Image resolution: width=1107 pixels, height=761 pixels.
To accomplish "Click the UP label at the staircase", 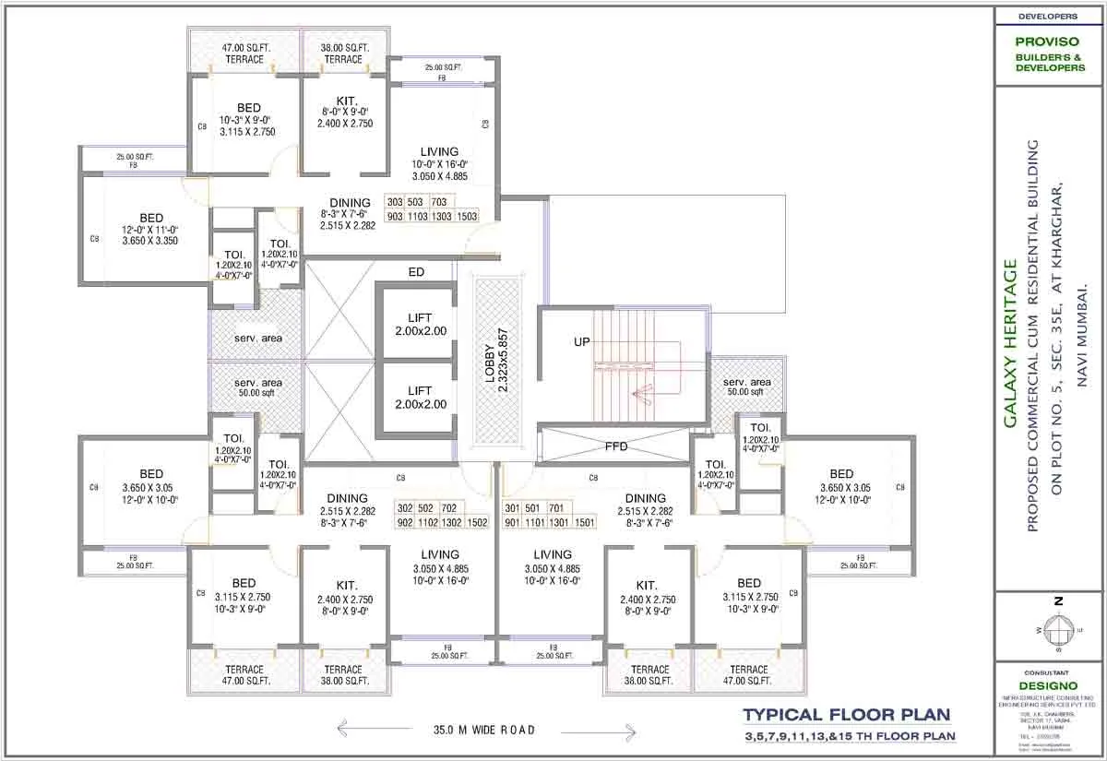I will tap(582, 341).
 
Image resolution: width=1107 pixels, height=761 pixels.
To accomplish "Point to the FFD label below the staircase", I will tap(616, 447).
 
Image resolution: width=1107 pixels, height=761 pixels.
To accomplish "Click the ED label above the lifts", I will tap(416, 272).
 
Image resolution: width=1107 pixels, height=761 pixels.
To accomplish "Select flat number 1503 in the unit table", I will tap(467, 216).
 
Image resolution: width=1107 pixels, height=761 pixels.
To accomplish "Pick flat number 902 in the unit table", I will tap(405, 522).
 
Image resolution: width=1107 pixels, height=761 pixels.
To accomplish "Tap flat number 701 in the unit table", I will tap(556, 508).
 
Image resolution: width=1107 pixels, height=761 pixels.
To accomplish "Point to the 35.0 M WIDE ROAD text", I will tap(484, 730).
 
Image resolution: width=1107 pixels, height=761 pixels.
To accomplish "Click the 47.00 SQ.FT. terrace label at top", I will tap(244, 54).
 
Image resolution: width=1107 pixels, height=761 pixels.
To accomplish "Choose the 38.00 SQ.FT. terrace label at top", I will tap(344, 54).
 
